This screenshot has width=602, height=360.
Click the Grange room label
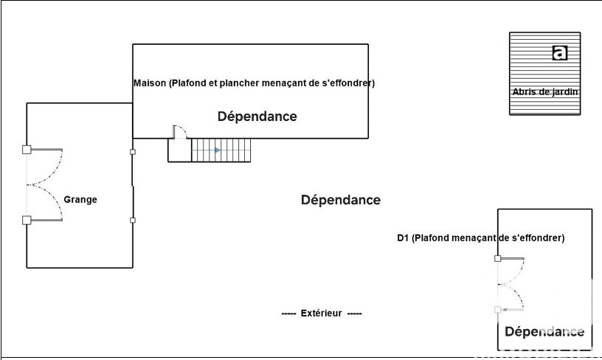tap(80, 199)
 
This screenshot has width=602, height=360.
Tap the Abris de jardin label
tap(545, 92)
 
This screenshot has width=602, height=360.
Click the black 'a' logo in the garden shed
tap(561, 52)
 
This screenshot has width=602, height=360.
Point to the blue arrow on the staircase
tap(217, 150)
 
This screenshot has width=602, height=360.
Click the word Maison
tap(149, 83)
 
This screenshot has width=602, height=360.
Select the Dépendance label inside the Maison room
tap(257, 117)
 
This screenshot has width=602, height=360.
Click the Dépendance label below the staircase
tap(341, 200)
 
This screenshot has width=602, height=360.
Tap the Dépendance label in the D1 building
tap(544, 332)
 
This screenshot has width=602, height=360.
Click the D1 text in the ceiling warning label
tap(403, 238)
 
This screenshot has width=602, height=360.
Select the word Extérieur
tap(322, 314)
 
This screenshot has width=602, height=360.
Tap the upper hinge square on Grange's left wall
tap(27, 150)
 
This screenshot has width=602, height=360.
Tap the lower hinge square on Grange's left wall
tap(27, 220)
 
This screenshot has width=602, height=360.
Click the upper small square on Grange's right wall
tap(133, 153)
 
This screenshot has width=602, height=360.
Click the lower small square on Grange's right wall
tap(133, 220)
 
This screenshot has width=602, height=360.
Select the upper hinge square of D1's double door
tap(498, 259)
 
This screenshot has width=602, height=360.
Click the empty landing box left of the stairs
tap(179, 150)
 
